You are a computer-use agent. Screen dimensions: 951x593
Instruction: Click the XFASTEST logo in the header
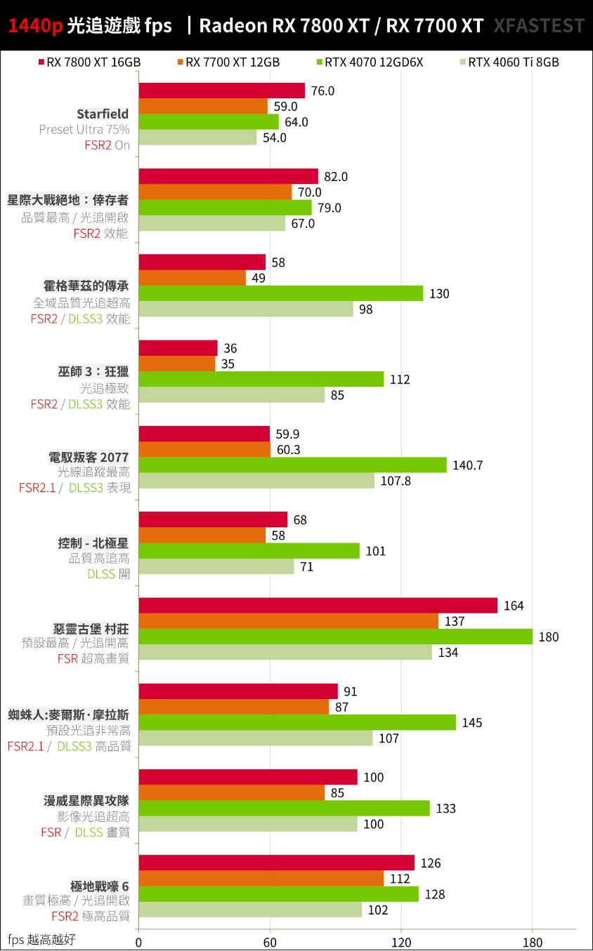pos(538,26)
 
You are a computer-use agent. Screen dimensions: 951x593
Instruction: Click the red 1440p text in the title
pos(36,26)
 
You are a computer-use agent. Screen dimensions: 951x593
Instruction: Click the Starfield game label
pos(103,114)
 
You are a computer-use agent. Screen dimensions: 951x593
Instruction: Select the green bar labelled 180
pos(335,637)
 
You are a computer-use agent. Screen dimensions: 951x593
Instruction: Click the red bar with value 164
pos(318,606)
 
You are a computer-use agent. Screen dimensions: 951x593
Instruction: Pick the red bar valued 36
pos(178,348)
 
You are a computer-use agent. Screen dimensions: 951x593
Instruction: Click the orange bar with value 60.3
pos(204,449)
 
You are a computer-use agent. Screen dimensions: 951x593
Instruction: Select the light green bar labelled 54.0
pos(197,138)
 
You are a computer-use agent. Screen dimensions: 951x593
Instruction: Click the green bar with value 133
pos(284,809)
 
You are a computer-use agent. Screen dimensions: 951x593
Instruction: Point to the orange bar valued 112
pos(261,879)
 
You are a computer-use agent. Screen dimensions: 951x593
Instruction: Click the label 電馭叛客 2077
pos(89,457)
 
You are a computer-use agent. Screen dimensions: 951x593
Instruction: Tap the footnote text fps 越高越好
pos(41,940)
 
